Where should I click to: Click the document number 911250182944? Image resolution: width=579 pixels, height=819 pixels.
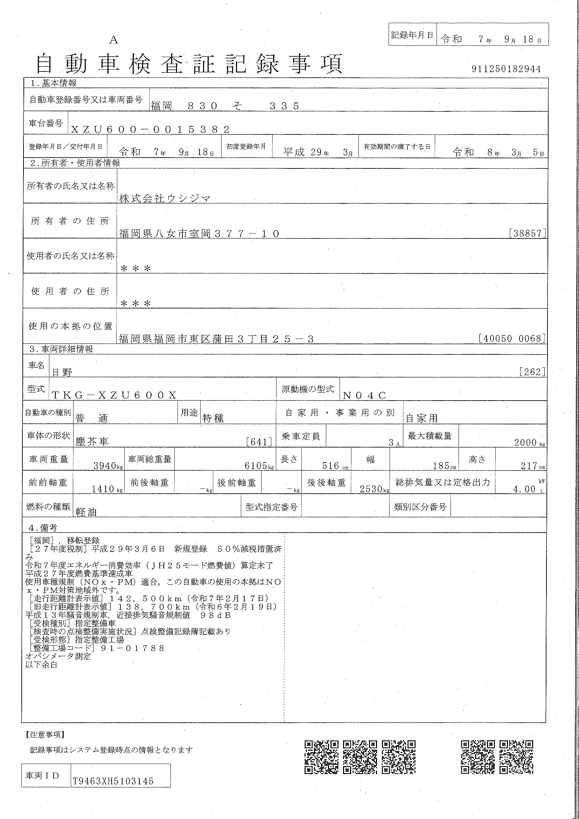[506, 69]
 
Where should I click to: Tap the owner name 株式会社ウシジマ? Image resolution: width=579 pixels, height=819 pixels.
[165, 199]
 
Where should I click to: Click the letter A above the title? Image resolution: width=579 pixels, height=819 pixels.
[113, 40]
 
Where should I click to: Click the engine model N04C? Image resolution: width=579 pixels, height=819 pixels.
[364, 395]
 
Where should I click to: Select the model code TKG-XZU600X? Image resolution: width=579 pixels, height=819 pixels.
[114, 395]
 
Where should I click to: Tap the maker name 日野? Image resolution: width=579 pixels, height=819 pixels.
[62, 373]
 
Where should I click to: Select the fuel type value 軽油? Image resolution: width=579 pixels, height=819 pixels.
[86, 512]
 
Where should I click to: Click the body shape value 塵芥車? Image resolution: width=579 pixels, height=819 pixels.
[92, 442]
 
